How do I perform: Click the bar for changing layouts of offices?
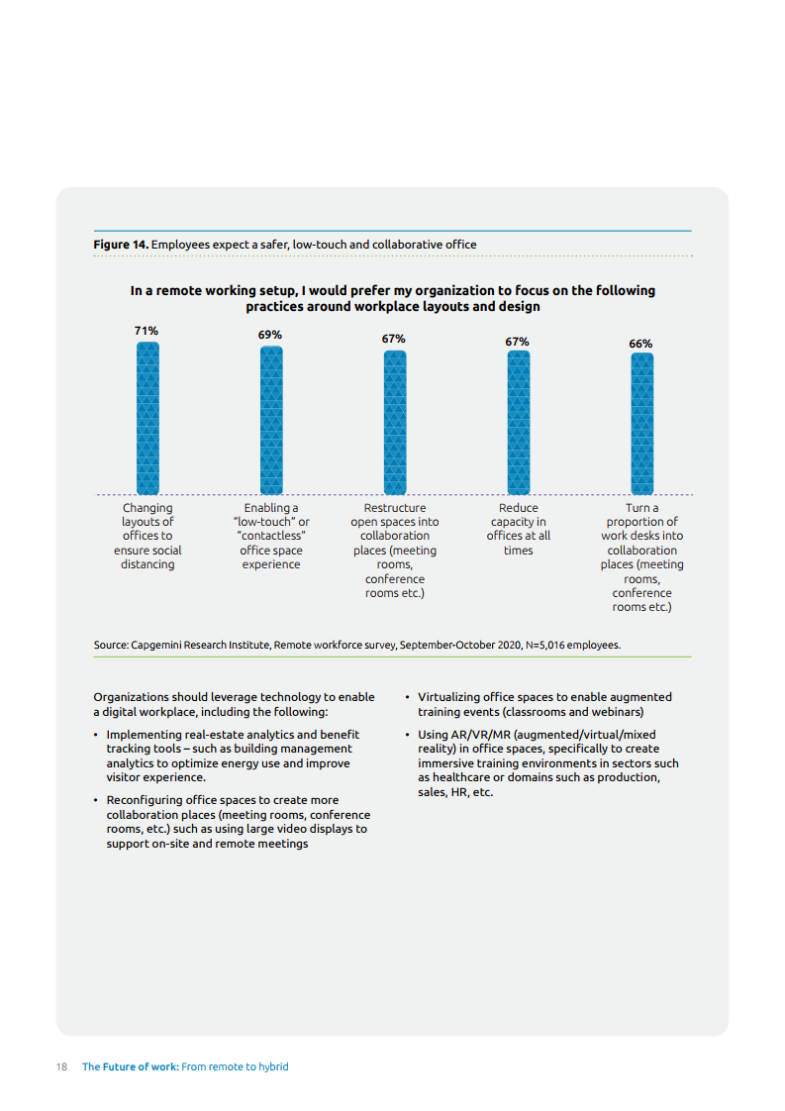(x=147, y=418)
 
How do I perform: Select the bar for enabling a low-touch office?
(x=271, y=420)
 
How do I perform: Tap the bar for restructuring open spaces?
(x=394, y=422)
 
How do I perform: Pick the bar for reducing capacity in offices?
(x=518, y=422)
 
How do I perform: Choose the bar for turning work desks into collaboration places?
(x=641, y=424)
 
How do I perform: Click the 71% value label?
(x=147, y=330)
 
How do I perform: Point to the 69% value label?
(x=270, y=335)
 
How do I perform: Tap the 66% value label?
(x=640, y=344)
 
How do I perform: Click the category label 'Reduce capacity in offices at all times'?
(x=518, y=529)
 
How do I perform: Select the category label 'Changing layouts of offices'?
(x=147, y=536)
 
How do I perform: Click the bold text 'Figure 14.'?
(x=121, y=244)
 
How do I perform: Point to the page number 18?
(x=61, y=1066)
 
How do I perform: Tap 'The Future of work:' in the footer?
(x=129, y=1066)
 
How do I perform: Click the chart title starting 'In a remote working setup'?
(x=393, y=298)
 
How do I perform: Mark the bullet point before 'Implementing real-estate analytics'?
(x=95, y=735)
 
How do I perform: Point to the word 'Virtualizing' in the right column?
(x=452, y=697)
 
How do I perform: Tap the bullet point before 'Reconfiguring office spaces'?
(x=95, y=800)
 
